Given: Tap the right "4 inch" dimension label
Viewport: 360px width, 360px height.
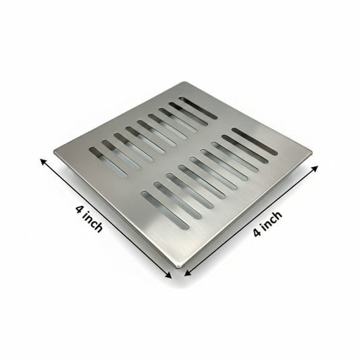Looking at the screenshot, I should [x=267, y=223].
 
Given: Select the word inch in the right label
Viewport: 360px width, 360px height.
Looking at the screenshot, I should [x=271, y=220].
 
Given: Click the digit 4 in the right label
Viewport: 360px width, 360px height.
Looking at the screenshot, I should [x=257, y=232].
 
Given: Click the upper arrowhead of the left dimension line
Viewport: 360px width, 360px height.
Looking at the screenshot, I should [x=43, y=160].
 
